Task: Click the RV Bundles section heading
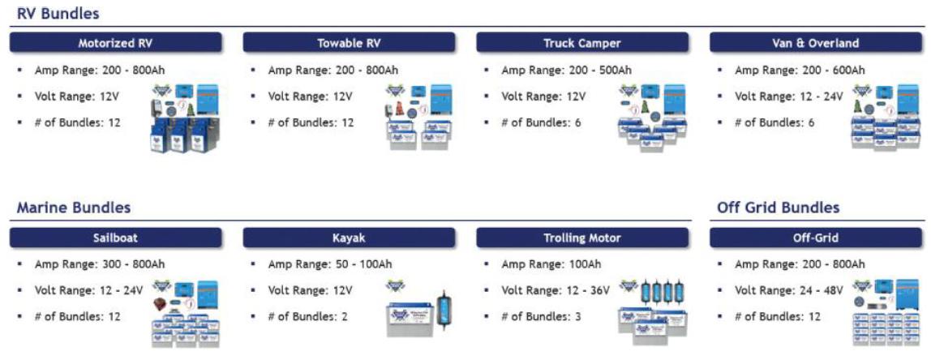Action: pos(58,13)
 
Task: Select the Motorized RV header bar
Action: pos(116,43)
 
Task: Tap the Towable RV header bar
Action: pos(349,43)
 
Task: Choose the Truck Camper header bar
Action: pos(582,43)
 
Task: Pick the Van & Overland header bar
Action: pos(816,43)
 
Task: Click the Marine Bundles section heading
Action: pos(74,208)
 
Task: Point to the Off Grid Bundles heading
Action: pos(779,208)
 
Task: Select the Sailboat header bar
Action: pos(116,238)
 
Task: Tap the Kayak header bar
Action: pos(349,238)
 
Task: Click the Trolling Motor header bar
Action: pos(582,238)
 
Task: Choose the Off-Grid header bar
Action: pos(816,238)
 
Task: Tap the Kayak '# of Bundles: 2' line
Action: pos(307,317)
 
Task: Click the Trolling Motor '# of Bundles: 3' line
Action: pos(541,317)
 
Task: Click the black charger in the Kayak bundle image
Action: pos(443,308)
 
